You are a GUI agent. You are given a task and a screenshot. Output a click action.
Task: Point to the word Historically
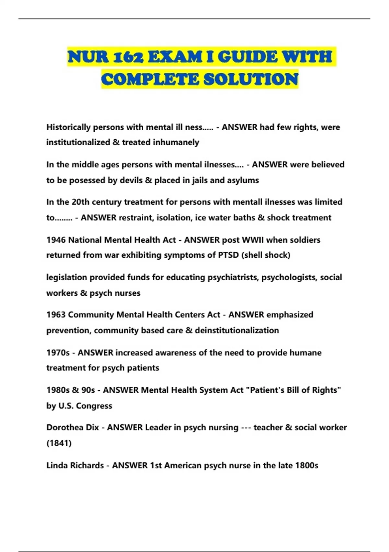tap(68, 127)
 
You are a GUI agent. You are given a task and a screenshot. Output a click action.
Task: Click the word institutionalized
tap(78, 142)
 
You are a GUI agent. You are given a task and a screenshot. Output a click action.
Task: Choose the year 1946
tap(56, 240)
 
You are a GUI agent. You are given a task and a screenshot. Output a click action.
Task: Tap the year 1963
tap(56, 315)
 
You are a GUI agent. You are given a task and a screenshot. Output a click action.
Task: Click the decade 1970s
tap(58, 353)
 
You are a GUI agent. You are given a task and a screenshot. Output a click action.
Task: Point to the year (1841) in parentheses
tap(59, 443)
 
